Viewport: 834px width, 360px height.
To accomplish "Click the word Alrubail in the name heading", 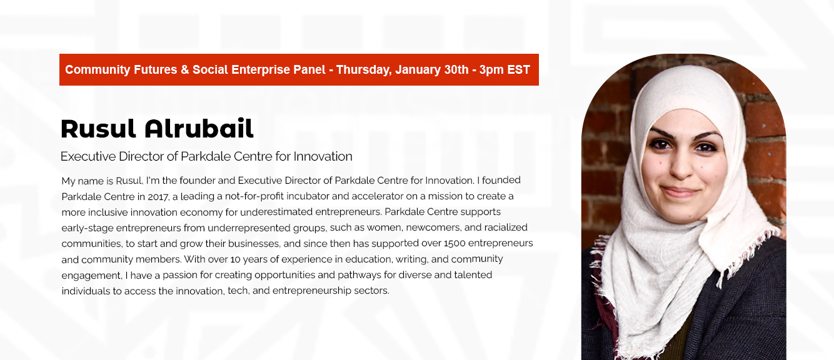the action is pyautogui.click(x=199, y=129).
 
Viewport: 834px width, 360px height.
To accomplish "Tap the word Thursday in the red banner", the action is pyautogui.click(x=364, y=70).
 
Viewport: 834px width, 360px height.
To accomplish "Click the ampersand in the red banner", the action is pyautogui.click(x=184, y=69).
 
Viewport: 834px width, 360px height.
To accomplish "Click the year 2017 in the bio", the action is pyautogui.click(x=159, y=197).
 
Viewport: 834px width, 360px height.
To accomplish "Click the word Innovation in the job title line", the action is pyautogui.click(x=323, y=156).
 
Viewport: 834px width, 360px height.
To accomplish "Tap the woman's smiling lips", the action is pyautogui.click(x=679, y=192).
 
